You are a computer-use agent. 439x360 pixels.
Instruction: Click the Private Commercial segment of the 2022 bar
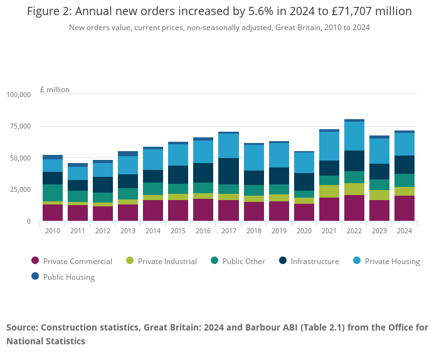point(354,208)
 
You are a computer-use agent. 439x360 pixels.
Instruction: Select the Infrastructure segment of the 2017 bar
point(228,171)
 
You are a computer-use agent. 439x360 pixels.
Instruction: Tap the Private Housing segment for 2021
point(329,146)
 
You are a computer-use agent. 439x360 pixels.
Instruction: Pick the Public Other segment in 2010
point(53,193)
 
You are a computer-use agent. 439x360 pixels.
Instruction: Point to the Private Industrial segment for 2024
point(404,191)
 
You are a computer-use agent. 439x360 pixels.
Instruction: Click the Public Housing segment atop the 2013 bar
point(128,153)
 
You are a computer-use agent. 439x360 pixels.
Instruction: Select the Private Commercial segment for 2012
point(103,213)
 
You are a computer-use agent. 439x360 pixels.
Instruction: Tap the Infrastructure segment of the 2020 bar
point(304,182)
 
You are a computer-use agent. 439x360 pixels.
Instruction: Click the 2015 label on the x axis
point(178,231)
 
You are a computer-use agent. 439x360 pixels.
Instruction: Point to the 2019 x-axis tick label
point(278,231)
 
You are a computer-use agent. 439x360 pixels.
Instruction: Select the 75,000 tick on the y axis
point(18,126)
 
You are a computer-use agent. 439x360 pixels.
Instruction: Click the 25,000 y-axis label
point(18,189)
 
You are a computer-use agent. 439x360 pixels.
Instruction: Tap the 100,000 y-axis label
point(18,95)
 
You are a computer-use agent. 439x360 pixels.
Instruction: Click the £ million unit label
point(55,90)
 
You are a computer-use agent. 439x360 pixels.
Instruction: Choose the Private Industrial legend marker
point(130,261)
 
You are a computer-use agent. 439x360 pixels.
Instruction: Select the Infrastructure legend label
point(314,261)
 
